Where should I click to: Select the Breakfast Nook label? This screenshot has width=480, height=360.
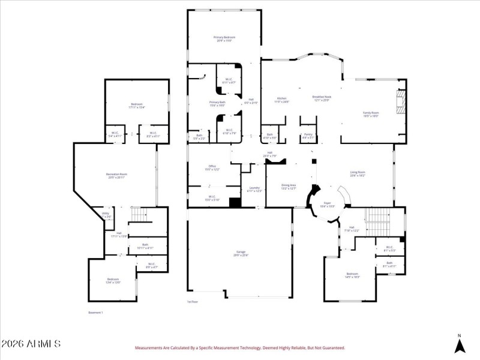tap(322, 98)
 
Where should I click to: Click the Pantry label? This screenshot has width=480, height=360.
tap(308, 136)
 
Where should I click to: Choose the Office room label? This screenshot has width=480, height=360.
tap(212, 167)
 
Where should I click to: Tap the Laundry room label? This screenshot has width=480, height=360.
tap(254, 190)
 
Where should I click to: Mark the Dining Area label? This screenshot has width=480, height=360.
tap(289, 187)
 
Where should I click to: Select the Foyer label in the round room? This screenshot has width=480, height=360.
tap(328, 204)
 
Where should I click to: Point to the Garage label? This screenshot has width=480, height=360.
tap(240, 254)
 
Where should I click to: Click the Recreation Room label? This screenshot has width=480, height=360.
tap(117, 176)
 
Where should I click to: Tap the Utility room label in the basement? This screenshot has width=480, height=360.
tap(105, 214)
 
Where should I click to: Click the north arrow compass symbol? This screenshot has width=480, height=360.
tap(459, 344)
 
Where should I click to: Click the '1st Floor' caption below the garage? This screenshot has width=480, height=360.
tap(192, 302)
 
